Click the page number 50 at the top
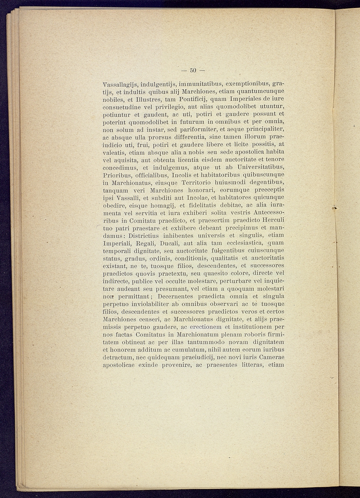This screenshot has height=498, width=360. pos(193,70)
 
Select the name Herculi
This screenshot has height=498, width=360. pos(273,220)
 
